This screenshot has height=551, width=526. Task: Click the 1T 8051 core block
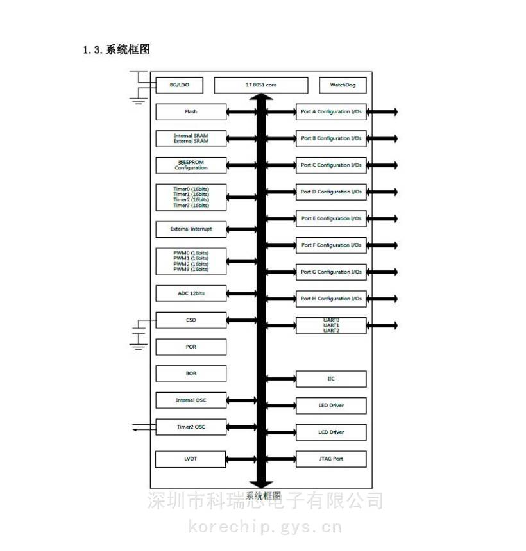tap(261, 85)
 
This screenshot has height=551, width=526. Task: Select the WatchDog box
tap(343, 85)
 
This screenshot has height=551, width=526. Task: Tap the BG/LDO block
tap(179, 85)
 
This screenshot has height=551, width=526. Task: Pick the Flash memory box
tap(191, 112)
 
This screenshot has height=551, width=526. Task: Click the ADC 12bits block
tap(191, 293)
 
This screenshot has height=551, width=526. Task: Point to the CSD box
tap(191, 320)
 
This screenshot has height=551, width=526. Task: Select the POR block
tap(191, 347)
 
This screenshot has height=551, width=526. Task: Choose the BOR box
tap(191, 374)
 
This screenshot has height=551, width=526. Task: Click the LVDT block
tap(191, 459)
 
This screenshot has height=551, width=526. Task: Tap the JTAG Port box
tap(331, 459)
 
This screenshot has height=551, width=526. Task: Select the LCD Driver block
tap(331, 432)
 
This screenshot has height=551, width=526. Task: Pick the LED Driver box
tap(331, 406)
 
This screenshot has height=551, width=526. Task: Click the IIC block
tap(331, 379)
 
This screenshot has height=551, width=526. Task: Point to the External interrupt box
tap(191, 229)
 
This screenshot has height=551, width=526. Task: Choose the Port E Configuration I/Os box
tap(331, 218)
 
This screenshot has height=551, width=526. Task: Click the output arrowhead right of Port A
tap(394, 112)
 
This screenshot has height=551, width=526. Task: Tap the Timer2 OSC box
tap(191, 427)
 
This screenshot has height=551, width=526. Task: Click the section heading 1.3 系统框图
tap(116, 49)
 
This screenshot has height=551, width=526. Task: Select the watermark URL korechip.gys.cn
tap(265, 528)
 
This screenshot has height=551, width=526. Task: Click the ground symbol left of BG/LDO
tap(137, 99)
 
